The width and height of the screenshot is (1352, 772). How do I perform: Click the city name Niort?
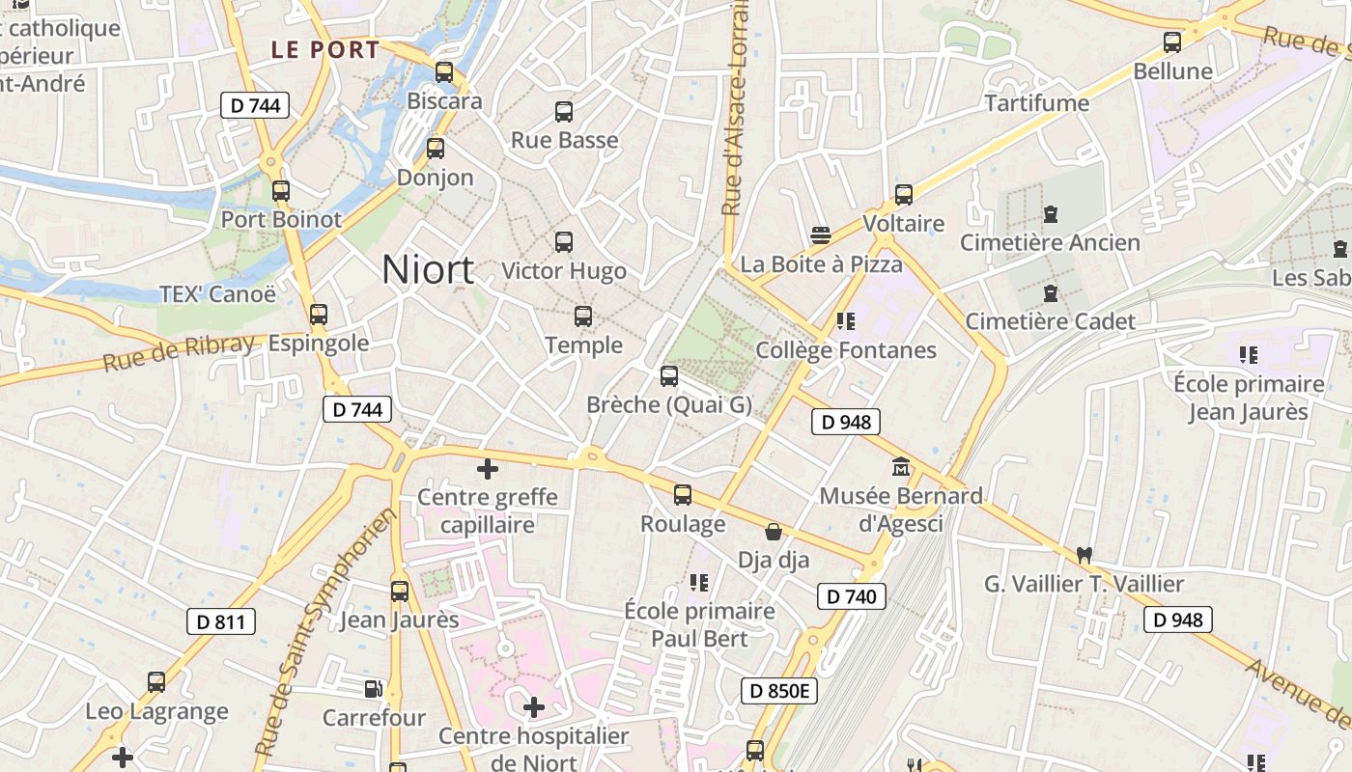coord(428,269)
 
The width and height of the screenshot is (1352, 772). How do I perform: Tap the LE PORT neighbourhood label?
coord(324,50)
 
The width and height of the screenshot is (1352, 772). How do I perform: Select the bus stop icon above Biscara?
coord(444,72)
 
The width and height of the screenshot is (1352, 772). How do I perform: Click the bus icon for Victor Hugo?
coord(564,242)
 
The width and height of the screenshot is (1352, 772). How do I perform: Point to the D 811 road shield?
coord(221,622)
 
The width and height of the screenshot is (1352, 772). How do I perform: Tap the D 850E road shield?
coord(779,691)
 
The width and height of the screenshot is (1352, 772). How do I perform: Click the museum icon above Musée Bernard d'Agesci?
coord(901,467)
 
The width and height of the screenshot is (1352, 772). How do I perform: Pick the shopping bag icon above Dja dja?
coord(774,532)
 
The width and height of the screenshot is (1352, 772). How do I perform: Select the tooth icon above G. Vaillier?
coord(1084,556)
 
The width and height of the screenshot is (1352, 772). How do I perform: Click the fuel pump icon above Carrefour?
coord(373,689)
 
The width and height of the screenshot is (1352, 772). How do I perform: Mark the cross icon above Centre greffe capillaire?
coord(488,469)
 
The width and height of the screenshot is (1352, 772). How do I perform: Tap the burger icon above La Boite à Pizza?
coord(821,235)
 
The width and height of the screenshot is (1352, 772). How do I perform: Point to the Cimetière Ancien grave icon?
coord(1050,214)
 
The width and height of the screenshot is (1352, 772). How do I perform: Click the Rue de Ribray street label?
coord(180,352)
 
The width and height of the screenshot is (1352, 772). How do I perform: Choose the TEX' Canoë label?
coord(217,294)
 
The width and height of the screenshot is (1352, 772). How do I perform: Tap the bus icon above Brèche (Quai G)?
coord(668,376)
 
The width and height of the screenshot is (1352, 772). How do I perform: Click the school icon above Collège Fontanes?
coord(846,321)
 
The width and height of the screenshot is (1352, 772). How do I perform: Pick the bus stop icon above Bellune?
coord(1172,42)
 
